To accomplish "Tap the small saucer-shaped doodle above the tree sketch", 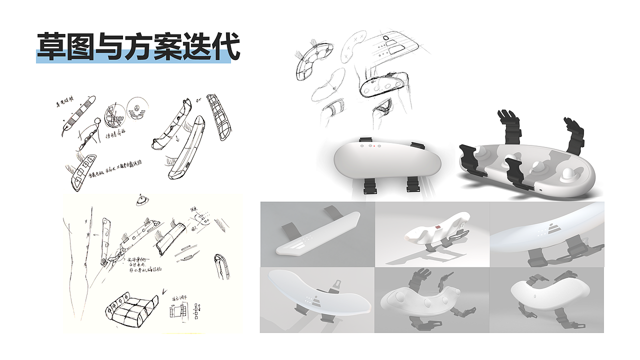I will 141,200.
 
